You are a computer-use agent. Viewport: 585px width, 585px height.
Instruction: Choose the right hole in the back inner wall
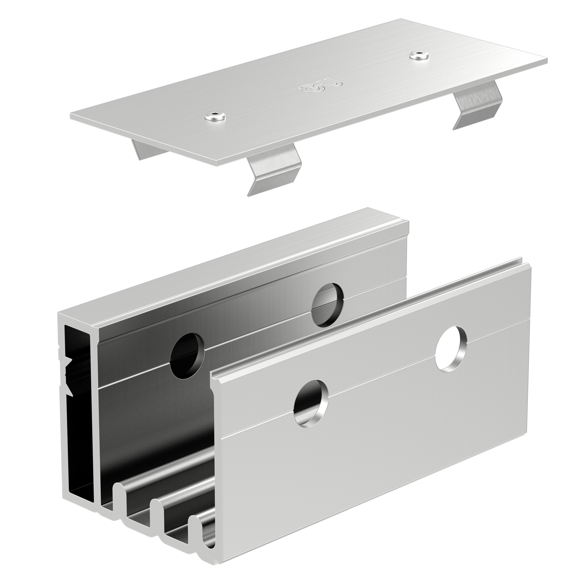[328, 305]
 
